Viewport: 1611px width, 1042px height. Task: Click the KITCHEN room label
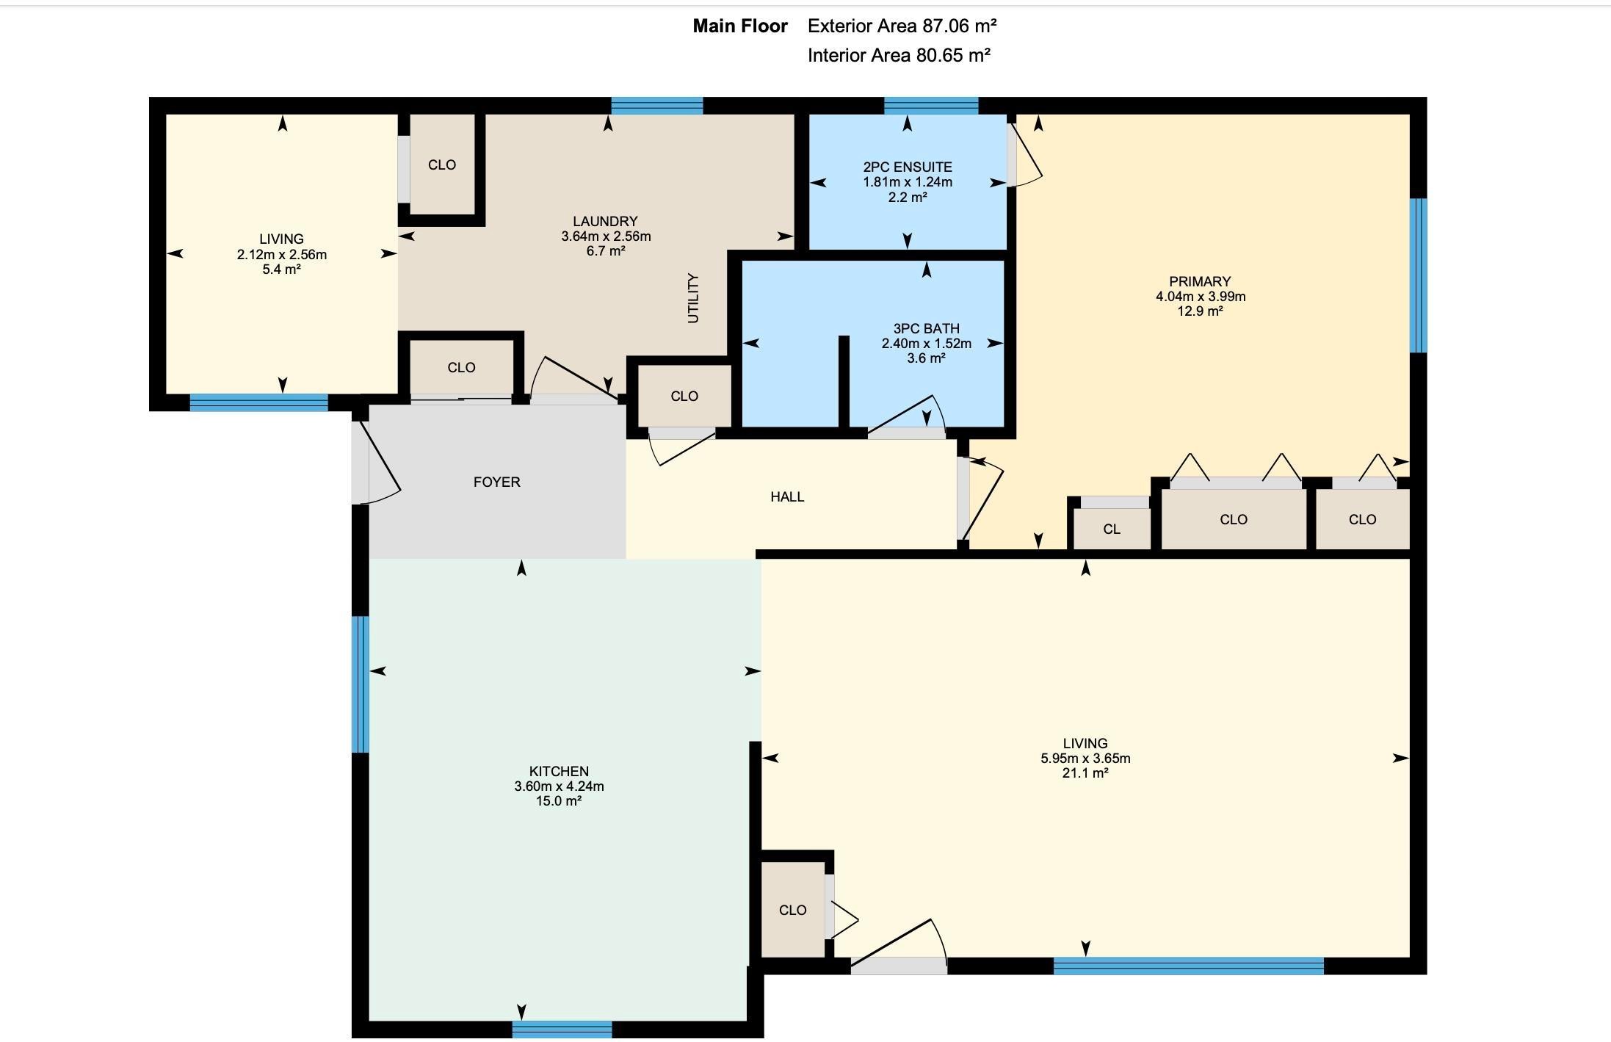(x=559, y=771)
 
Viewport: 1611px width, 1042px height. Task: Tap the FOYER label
(x=497, y=482)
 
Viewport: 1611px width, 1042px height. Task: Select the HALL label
(x=787, y=496)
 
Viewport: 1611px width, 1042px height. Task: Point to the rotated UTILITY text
(x=693, y=298)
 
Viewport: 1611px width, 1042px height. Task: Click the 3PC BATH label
(x=927, y=328)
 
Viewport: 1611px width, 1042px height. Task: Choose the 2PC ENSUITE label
(x=908, y=167)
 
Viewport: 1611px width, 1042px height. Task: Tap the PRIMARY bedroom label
(x=1200, y=281)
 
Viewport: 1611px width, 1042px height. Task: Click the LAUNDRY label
(x=605, y=221)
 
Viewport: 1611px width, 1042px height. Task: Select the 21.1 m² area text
(x=1085, y=773)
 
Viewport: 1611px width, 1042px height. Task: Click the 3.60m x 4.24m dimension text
(x=559, y=786)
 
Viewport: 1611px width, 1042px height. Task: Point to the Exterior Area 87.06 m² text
(x=902, y=26)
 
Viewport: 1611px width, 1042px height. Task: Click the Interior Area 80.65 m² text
(x=899, y=55)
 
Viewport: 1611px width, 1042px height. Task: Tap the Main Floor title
(x=740, y=26)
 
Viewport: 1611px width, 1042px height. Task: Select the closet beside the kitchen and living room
(x=793, y=909)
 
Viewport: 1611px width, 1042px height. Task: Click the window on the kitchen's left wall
(x=360, y=684)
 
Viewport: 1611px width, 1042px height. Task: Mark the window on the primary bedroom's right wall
(x=1419, y=275)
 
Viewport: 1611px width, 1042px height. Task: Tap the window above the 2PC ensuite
(x=931, y=106)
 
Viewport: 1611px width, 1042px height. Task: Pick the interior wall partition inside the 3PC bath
(x=844, y=381)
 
